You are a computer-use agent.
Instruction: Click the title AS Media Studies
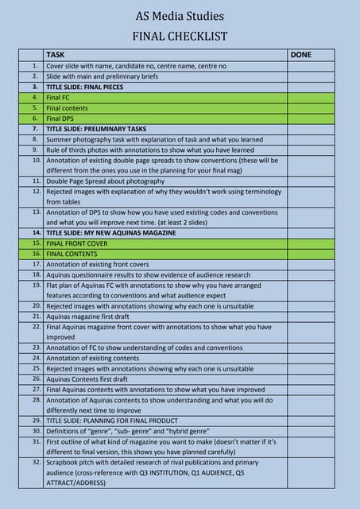180,16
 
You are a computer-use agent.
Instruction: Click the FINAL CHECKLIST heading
180,37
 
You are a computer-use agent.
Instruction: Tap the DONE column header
301,55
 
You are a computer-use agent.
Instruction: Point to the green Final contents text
68,107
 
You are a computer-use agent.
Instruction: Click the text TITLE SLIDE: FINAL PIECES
85,87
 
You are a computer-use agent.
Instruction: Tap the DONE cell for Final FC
310,97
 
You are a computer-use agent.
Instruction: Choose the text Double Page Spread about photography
106,181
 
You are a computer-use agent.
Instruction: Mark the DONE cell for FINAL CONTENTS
310,253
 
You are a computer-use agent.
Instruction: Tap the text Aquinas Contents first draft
87,379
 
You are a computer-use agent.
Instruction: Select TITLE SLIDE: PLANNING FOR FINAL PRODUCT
112,420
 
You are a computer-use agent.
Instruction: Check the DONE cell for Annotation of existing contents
310,358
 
